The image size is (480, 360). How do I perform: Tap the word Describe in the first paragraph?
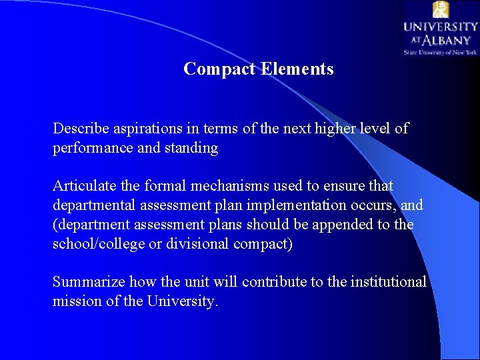[79, 128]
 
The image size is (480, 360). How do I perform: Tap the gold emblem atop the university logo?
[441, 9]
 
